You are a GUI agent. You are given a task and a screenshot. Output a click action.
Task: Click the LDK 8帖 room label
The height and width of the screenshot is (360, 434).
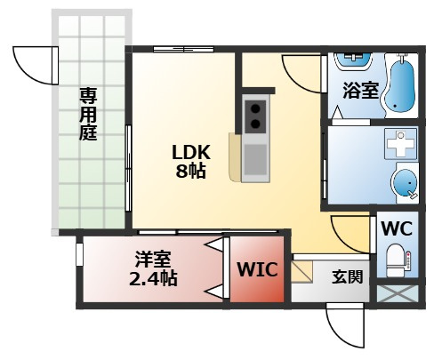(191, 161)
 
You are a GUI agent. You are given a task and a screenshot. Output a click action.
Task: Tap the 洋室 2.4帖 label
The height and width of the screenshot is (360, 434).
(153, 268)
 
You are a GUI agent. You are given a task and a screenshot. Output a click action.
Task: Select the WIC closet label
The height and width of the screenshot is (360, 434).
(257, 269)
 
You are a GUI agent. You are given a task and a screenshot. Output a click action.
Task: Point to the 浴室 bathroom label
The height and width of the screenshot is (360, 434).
(361, 90)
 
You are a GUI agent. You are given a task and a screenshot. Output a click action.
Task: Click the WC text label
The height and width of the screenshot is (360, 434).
(397, 228)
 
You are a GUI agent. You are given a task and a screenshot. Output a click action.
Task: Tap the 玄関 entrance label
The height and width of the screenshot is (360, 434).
(347, 276)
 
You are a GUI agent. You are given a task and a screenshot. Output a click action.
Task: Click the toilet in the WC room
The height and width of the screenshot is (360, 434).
(398, 260)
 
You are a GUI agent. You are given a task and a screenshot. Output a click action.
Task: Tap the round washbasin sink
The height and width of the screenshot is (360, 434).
(405, 183)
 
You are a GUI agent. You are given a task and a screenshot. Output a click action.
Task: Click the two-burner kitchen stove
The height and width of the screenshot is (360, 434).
(255, 116)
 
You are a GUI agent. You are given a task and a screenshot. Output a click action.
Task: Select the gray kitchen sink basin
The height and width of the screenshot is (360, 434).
(255, 160)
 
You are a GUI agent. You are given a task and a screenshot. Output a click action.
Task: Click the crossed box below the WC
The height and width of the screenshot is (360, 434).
(398, 293)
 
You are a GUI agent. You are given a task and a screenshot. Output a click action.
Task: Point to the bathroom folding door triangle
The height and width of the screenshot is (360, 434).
(337, 113)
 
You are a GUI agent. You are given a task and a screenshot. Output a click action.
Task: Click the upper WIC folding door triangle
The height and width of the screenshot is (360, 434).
(215, 244)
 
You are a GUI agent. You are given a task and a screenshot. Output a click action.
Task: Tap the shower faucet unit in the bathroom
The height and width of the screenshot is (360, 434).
(352, 60)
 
